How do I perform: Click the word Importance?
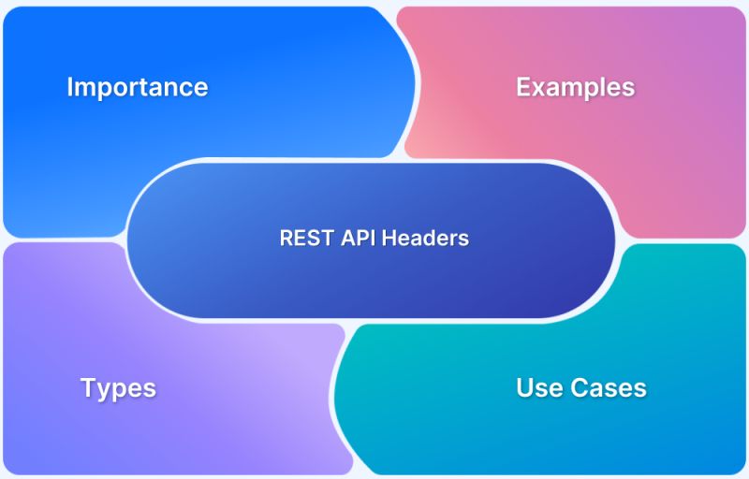(137, 87)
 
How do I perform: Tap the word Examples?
(575, 87)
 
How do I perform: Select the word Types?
(118, 387)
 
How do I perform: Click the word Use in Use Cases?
(537, 387)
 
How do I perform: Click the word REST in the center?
(302, 238)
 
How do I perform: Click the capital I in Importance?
(70, 87)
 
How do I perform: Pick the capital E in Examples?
(523, 87)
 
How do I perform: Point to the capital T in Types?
(87, 387)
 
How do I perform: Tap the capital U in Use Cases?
(524, 387)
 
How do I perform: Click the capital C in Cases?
(574, 387)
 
